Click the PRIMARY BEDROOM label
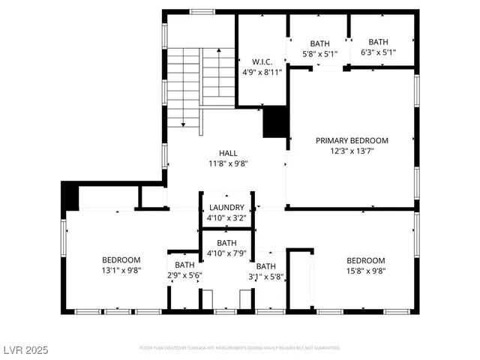(x=352, y=140)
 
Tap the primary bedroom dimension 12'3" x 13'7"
(x=352, y=151)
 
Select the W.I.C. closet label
(x=261, y=62)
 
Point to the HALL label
(x=228, y=153)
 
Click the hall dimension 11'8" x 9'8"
(x=228, y=163)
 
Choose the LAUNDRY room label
(x=226, y=208)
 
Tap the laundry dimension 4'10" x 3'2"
(x=226, y=218)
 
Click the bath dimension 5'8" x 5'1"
(x=319, y=53)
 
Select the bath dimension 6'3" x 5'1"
(x=378, y=52)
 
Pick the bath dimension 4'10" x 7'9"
(x=226, y=253)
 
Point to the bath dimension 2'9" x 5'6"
(x=184, y=275)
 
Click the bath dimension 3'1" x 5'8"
(x=266, y=276)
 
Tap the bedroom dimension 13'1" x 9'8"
(x=121, y=270)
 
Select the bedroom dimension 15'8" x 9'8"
(x=365, y=271)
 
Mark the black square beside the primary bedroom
(x=274, y=123)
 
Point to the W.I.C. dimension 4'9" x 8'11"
(x=261, y=73)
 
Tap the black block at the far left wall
(x=70, y=196)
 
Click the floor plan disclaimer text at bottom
(x=240, y=348)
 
